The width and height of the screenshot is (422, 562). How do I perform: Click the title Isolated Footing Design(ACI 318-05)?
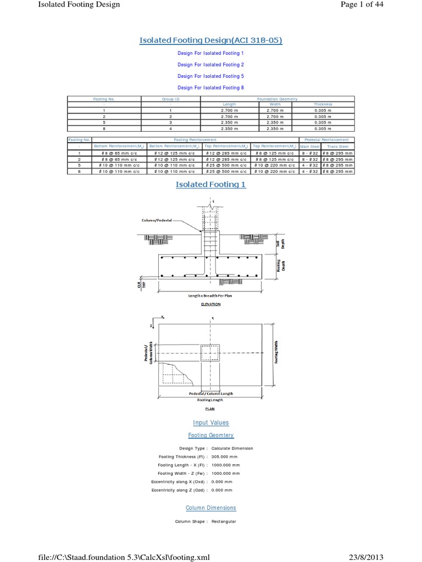[x=211, y=40]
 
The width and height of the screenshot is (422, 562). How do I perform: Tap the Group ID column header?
[x=170, y=99]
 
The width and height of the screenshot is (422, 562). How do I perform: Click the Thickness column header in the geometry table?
[x=323, y=104]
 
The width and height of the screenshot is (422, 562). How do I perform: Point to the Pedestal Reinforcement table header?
[x=326, y=140]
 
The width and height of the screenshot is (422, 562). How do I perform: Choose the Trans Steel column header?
[x=338, y=147]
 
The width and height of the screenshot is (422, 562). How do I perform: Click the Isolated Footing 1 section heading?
[x=211, y=184]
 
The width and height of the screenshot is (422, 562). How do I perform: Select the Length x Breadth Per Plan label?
[x=211, y=295]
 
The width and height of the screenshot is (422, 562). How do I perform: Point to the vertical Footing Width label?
[x=276, y=352]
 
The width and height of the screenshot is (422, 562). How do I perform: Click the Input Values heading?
[x=211, y=423]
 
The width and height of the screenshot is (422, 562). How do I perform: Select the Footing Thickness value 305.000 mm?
[x=226, y=457]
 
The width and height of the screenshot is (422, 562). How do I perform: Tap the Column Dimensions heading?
[x=211, y=508]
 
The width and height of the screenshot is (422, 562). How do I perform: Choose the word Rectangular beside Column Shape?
[x=224, y=521]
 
